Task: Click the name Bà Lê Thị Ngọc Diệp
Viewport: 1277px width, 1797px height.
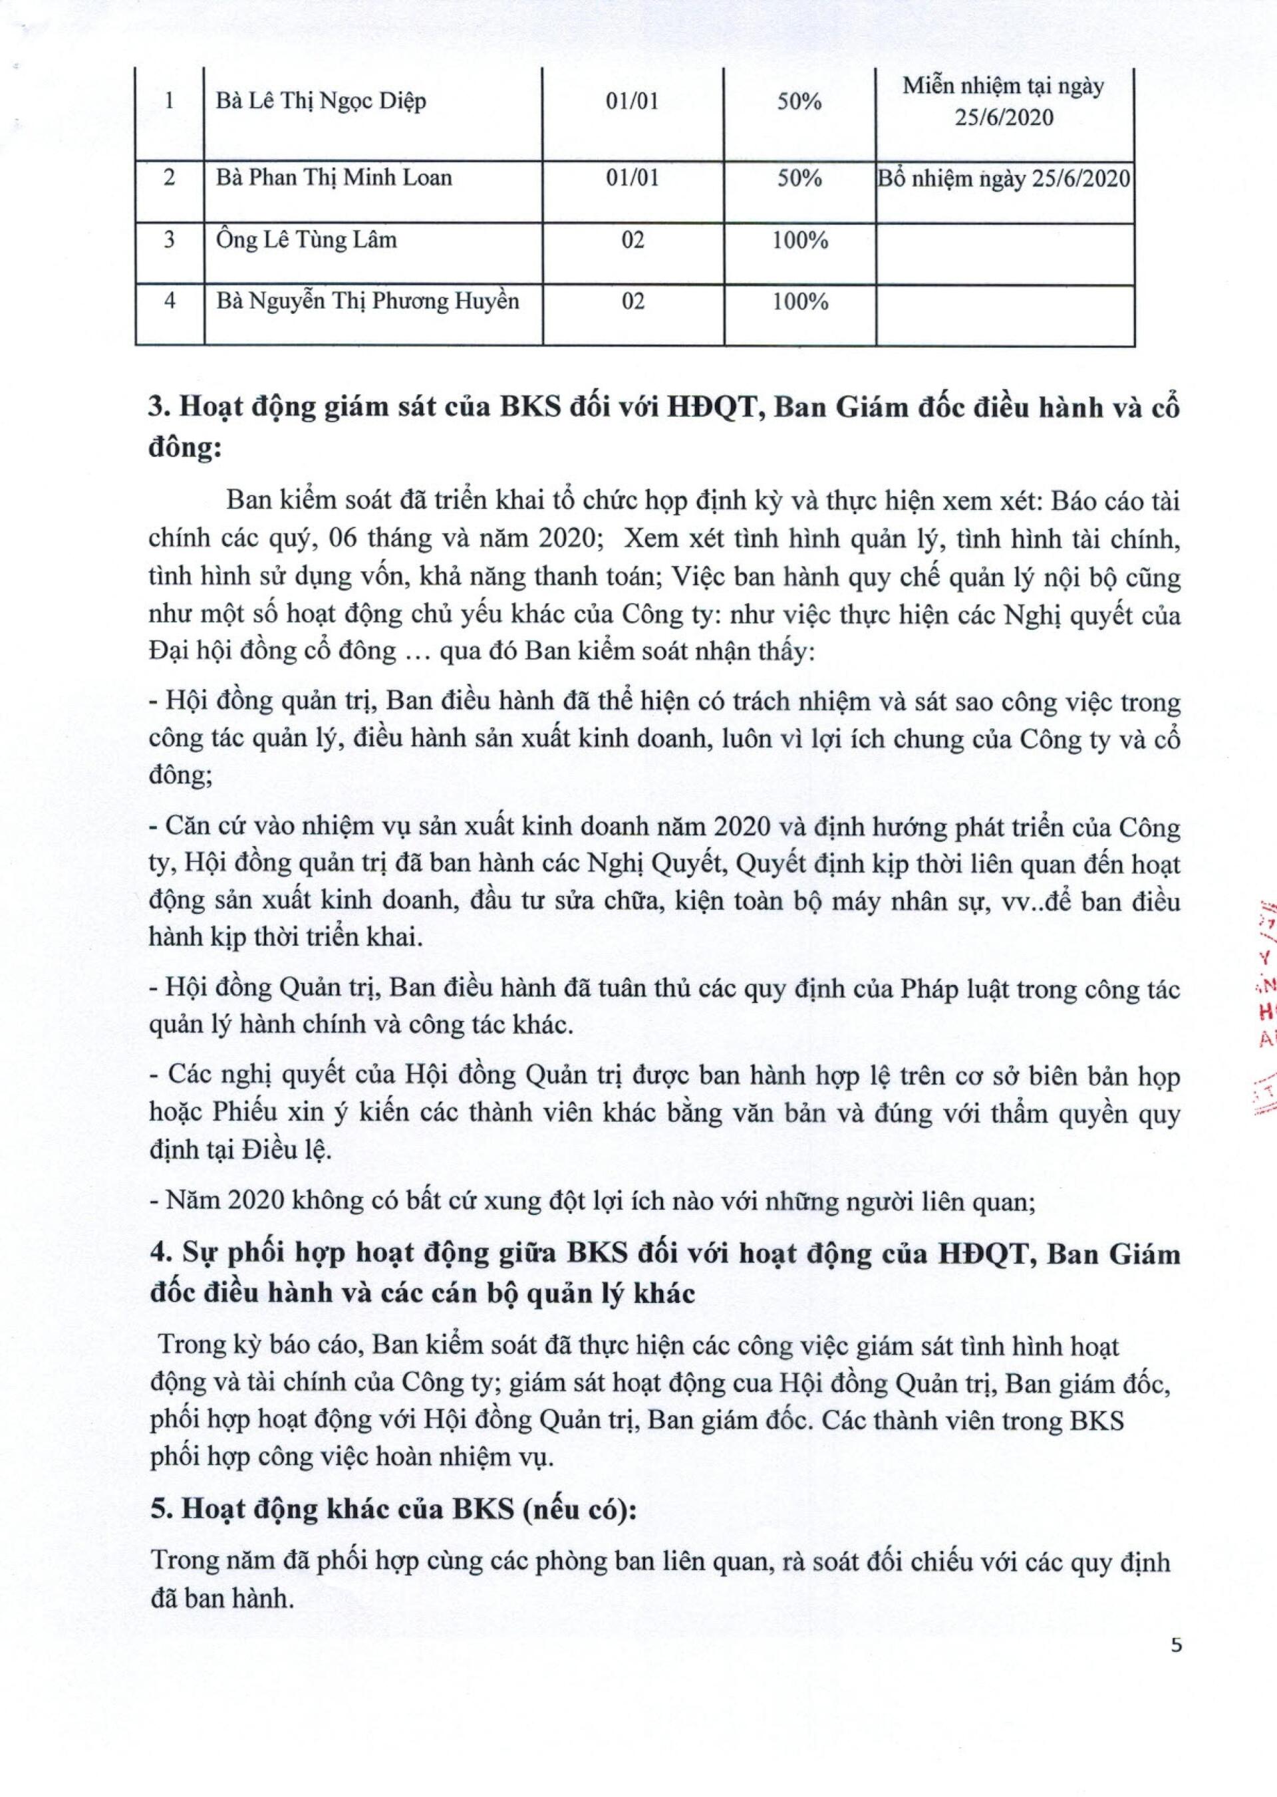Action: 321,102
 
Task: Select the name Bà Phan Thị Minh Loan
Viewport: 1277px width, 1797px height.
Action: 334,178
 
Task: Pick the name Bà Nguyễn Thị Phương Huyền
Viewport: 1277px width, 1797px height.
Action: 368,301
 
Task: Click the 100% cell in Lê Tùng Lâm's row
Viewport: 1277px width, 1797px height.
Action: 799,240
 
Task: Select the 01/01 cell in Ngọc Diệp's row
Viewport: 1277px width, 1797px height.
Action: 633,102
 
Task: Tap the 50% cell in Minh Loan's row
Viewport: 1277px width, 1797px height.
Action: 799,178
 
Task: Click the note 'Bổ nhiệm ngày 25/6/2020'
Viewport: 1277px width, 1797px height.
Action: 1004,179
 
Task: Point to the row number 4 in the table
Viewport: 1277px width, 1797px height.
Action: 169,301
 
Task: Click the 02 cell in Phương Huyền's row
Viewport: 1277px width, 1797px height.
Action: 633,301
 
